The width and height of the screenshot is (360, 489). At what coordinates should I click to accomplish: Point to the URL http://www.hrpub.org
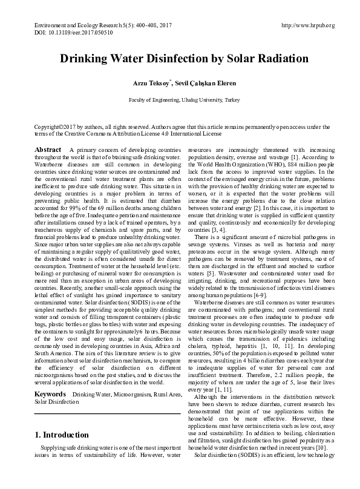coord(308,25)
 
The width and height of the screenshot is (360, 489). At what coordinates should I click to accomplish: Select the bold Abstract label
coord(48,149)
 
